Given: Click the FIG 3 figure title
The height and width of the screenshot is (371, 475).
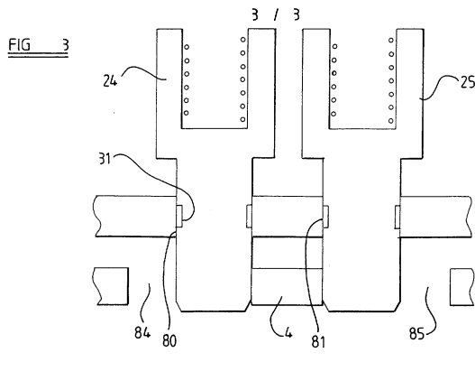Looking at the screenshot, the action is [x=39, y=45].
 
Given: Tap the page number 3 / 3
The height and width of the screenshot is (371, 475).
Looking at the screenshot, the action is [x=276, y=14].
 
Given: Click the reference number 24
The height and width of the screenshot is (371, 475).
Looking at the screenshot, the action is [x=110, y=81].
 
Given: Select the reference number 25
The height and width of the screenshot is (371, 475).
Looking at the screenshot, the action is [x=468, y=81].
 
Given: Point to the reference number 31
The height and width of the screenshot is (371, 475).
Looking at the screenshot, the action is [x=105, y=158].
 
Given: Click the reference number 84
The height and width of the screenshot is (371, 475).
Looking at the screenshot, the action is [x=142, y=332].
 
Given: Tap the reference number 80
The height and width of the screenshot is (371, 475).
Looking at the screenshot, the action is [x=169, y=340].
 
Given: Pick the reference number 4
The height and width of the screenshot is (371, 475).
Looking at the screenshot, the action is [x=288, y=334].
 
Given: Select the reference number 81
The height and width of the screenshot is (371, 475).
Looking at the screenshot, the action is [x=318, y=342].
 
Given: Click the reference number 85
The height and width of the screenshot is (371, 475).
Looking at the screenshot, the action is [x=416, y=333].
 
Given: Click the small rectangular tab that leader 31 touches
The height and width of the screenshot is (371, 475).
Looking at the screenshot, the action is [x=179, y=216].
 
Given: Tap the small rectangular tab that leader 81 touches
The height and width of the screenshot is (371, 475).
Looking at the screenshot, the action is [x=325, y=217].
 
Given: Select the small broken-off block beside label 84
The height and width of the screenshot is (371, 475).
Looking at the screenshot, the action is [x=112, y=286].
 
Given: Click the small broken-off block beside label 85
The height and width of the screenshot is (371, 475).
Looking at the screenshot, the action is [x=462, y=287].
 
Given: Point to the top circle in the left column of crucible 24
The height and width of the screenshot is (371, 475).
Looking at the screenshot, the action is [x=187, y=47].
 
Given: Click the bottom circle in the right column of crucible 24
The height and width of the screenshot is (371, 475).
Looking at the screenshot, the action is [x=242, y=119].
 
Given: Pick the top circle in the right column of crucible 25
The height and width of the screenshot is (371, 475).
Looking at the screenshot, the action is [x=391, y=40].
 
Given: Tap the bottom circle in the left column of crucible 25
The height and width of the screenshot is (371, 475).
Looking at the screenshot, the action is [x=333, y=114].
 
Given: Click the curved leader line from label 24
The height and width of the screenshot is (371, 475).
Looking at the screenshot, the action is [x=142, y=70].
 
